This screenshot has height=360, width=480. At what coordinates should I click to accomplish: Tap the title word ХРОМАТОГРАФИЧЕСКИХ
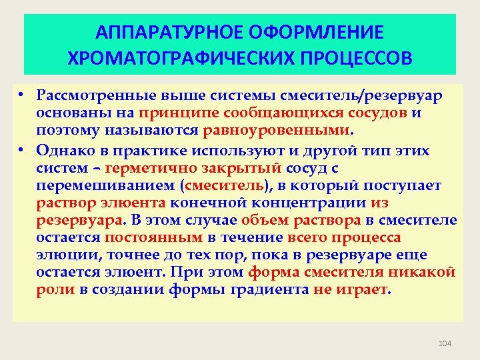[x=178, y=57]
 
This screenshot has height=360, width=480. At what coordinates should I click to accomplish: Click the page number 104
[x=445, y=343]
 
